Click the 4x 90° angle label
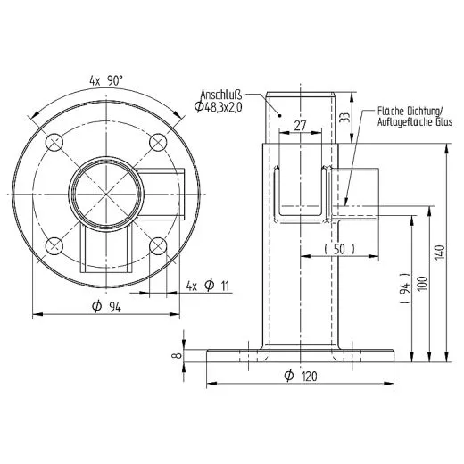(x=105, y=81)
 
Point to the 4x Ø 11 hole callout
(x=209, y=286)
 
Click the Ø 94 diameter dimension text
(x=106, y=308)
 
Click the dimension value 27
(x=301, y=127)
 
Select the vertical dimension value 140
(x=438, y=252)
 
